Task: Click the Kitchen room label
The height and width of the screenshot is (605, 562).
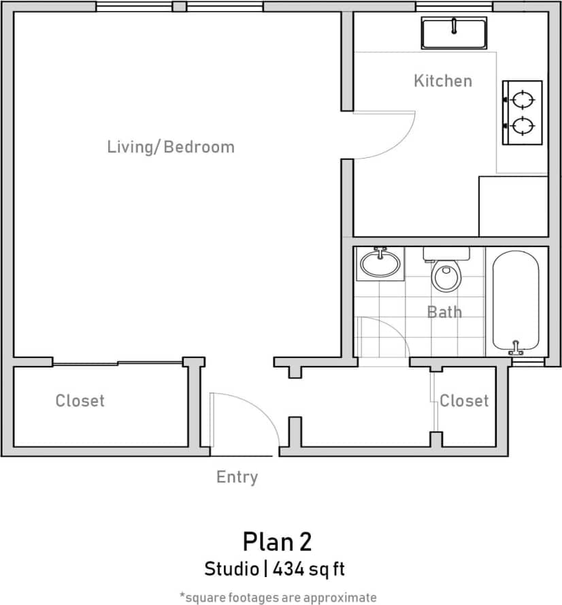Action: coord(442,81)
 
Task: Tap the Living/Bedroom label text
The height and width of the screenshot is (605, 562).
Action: coord(171,147)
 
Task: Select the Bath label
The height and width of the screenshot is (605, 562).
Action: coord(444,312)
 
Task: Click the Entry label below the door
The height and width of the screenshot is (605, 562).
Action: coord(237,477)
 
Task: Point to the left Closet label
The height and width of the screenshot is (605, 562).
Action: coord(80,401)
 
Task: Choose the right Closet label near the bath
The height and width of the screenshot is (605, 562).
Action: coord(464,401)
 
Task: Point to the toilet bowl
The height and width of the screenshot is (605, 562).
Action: coord(446,276)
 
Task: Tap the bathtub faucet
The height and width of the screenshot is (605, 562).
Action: coord(516,348)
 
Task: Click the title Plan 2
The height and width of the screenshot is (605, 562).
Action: coord(277,542)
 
